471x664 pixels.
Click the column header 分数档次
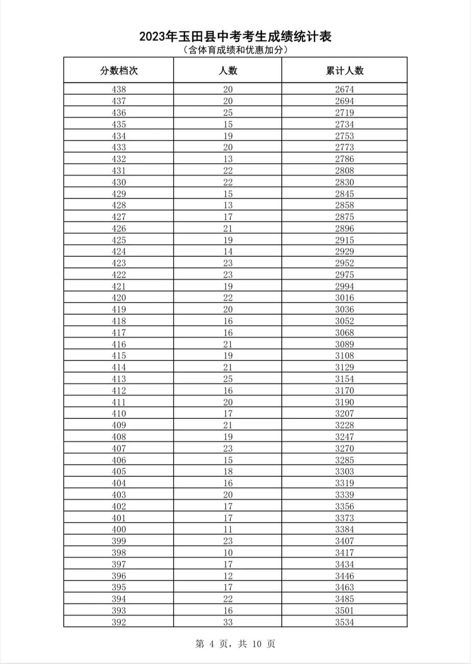pos(119,71)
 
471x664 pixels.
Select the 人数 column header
pos(228,71)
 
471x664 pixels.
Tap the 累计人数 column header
pos(345,71)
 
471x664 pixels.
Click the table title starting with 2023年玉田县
pos(235,37)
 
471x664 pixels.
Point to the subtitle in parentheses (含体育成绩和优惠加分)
pos(235,50)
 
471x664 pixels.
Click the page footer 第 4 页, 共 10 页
pos(235,644)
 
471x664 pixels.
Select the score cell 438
pos(119,89)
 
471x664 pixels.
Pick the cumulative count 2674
pos(345,89)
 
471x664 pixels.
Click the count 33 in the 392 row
pos(228,622)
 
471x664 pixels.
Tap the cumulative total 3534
pos(345,622)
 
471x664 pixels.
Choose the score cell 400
pos(119,529)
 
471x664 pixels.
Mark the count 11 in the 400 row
pos(228,529)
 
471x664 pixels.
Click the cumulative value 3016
pos(345,298)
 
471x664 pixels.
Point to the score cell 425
pos(119,240)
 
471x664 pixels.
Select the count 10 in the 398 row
pos(228,552)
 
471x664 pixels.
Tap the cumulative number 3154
pos(345,379)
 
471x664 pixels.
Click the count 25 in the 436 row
pos(228,112)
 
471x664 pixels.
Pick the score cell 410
pos(119,413)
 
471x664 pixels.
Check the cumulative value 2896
pos(345,228)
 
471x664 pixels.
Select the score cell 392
pos(119,622)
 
